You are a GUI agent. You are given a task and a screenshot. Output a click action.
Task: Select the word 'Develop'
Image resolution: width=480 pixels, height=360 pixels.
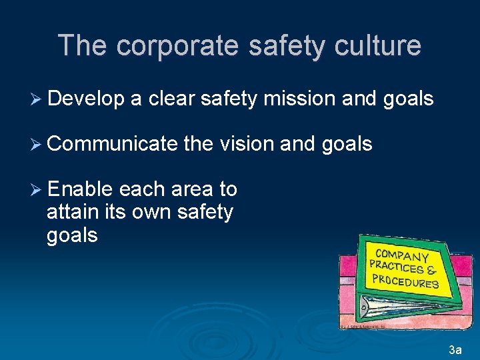tap(87, 99)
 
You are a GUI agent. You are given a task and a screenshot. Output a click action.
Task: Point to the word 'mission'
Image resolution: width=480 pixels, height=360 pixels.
tap(299, 99)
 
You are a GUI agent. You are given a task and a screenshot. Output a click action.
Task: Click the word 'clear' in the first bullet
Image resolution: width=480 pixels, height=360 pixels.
tap(171, 99)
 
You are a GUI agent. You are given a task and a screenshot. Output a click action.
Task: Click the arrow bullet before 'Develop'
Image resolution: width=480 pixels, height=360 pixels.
tap(37, 99)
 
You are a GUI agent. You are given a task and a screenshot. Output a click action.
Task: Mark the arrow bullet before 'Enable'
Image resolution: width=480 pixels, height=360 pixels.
tap(37, 189)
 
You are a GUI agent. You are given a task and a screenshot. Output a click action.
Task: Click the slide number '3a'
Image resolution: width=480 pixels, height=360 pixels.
tap(455, 349)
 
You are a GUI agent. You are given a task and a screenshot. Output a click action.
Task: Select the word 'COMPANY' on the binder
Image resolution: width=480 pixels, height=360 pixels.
tap(402, 256)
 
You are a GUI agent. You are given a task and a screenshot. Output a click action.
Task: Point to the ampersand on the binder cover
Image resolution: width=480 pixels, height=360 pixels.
tap(431, 271)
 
